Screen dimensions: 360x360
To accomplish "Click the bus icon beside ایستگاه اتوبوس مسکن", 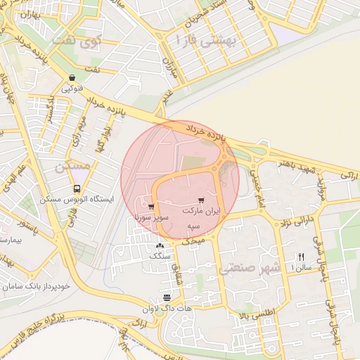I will pos(77,189).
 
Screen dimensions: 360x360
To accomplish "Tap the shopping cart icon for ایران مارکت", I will pos(202,200).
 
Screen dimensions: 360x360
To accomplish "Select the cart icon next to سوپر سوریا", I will pos(152,207).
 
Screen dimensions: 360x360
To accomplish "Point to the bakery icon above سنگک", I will pos(160,246).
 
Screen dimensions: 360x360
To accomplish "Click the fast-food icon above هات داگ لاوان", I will pos(166,297).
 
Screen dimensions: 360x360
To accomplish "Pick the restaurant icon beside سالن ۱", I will pos(302,257).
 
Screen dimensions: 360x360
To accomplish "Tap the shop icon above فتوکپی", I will pos(72,78).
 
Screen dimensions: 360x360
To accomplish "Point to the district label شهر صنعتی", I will pos(250,268).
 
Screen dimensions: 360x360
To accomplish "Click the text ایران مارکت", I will pos(201,211).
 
